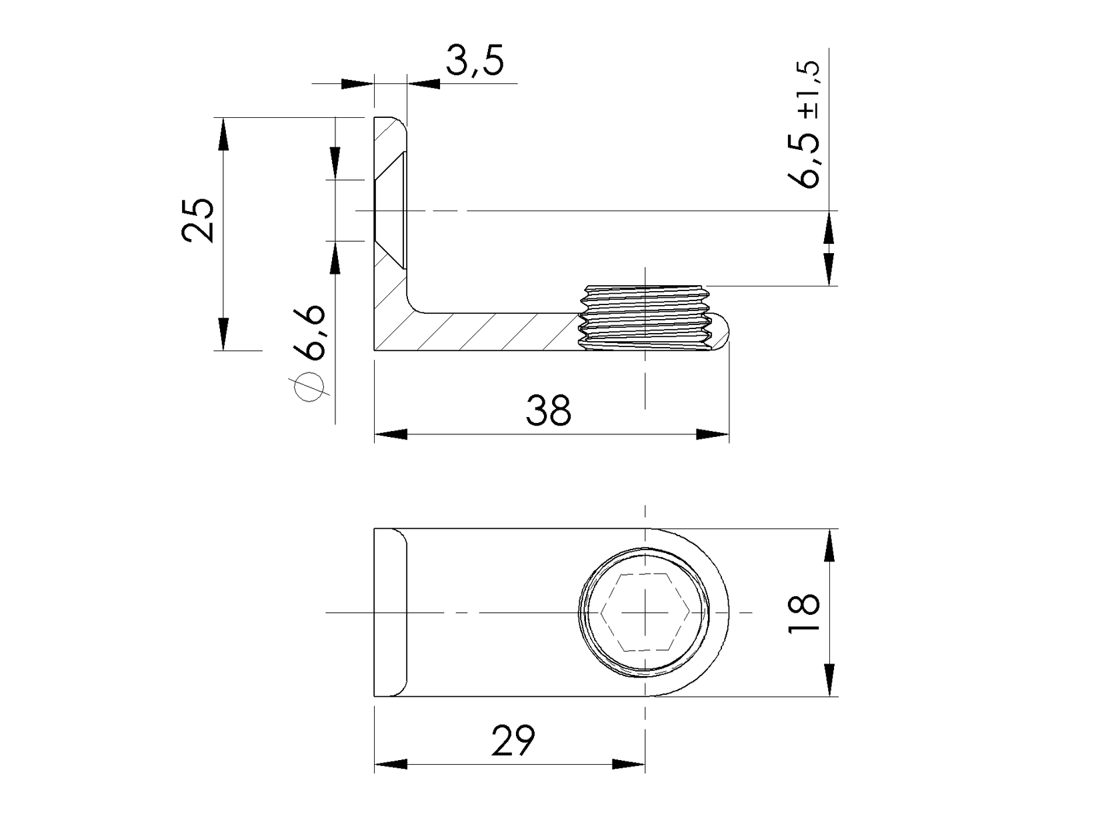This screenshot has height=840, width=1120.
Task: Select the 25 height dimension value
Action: [x=199, y=220]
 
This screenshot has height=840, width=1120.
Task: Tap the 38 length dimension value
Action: [x=548, y=410]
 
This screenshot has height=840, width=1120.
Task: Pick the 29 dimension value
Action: [x=513, y=741]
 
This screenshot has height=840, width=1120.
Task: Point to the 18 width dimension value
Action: [x=803, y=613]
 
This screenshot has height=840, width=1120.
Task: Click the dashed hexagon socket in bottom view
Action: [x=644, y=612]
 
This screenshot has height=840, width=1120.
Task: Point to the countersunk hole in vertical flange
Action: [x=389, y=210]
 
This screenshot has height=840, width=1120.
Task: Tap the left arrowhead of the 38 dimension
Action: [x=390, y=434]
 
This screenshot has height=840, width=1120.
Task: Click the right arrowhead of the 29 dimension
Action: [x=628, y=764]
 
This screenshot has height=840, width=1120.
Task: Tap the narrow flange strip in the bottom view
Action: [x=389, y=612]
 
